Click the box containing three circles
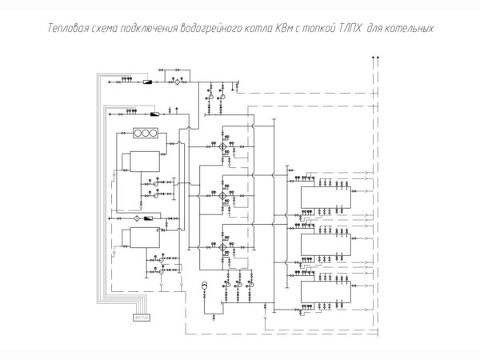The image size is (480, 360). pos(146,132)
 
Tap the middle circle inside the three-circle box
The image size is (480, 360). pos(146,132)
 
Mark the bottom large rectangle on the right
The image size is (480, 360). pos(323,290)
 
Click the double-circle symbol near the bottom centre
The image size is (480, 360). pos(204,286)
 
